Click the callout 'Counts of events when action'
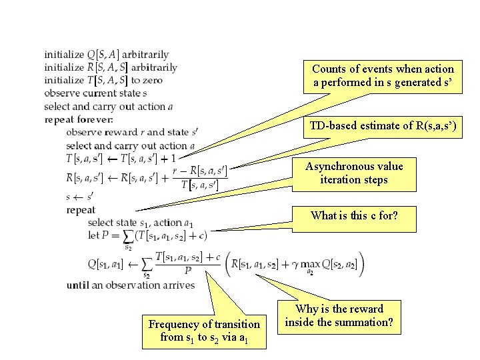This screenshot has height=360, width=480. (x=383, y=76)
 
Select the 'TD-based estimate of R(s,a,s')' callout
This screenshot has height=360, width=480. (x=383, y=127)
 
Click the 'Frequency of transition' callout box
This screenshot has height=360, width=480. (x=204, y=331)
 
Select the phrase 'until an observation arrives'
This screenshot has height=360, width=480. (x=131, y=285)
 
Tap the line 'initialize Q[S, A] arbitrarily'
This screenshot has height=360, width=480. (x=107, y=55)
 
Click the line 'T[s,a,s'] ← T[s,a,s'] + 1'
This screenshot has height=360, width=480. (x=121, y=159)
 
